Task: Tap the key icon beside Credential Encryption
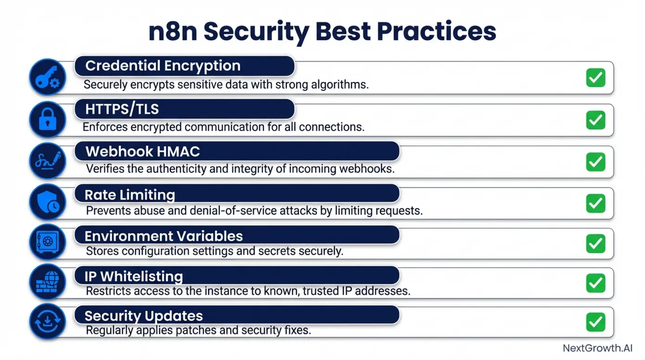pyautogui.click(x=48, y=77)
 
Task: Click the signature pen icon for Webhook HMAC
pyautogui.click(x=48, y=161)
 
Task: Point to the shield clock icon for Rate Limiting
pyautogui.click(x=48, y=202)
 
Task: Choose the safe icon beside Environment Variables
pyautogui.click(x=48, y=242)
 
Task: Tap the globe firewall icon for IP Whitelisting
pyautogui.click(x=48, y=282)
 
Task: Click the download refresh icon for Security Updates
pyautogui.click(x=48, y=321)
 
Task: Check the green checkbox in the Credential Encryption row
pyautogui.click(x=595, y=77)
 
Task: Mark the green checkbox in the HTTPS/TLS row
pyautogui.click(x=595, y=120)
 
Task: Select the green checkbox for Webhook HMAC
pyautogui.click(x=595, y=161)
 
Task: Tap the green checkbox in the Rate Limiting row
pyautogui.click(x=595, y=203)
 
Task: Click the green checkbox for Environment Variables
pyautogui.click(x=595, y=243)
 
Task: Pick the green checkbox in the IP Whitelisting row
pyautogui.click(x=595, y=283)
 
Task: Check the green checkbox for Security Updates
pyautogui.click(x=595, y=322)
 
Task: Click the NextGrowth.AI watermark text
pyautogui.click(x=597, y=348)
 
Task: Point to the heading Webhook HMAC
pyautogui.click(x=143, y=152)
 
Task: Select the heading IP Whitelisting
pyautogui.click(x=134, y=276)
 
